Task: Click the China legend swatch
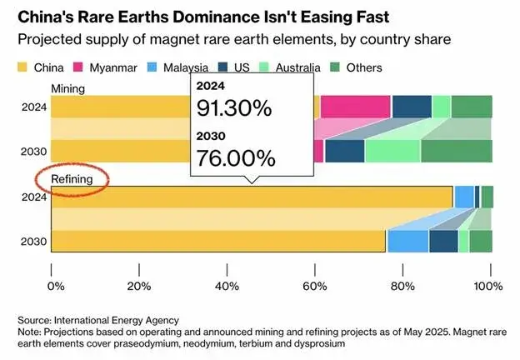[x=23, y=67]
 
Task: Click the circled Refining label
[x=71, y=177]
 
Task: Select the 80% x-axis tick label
[x=403, y=287]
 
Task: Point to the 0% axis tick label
[x=54, y=287]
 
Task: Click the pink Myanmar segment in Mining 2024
[x=356, y=107]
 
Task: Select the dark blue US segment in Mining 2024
[x=412, y=107]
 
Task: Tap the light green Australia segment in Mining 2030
[x=392, y=151]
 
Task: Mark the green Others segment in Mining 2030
[x=456, y=151]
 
